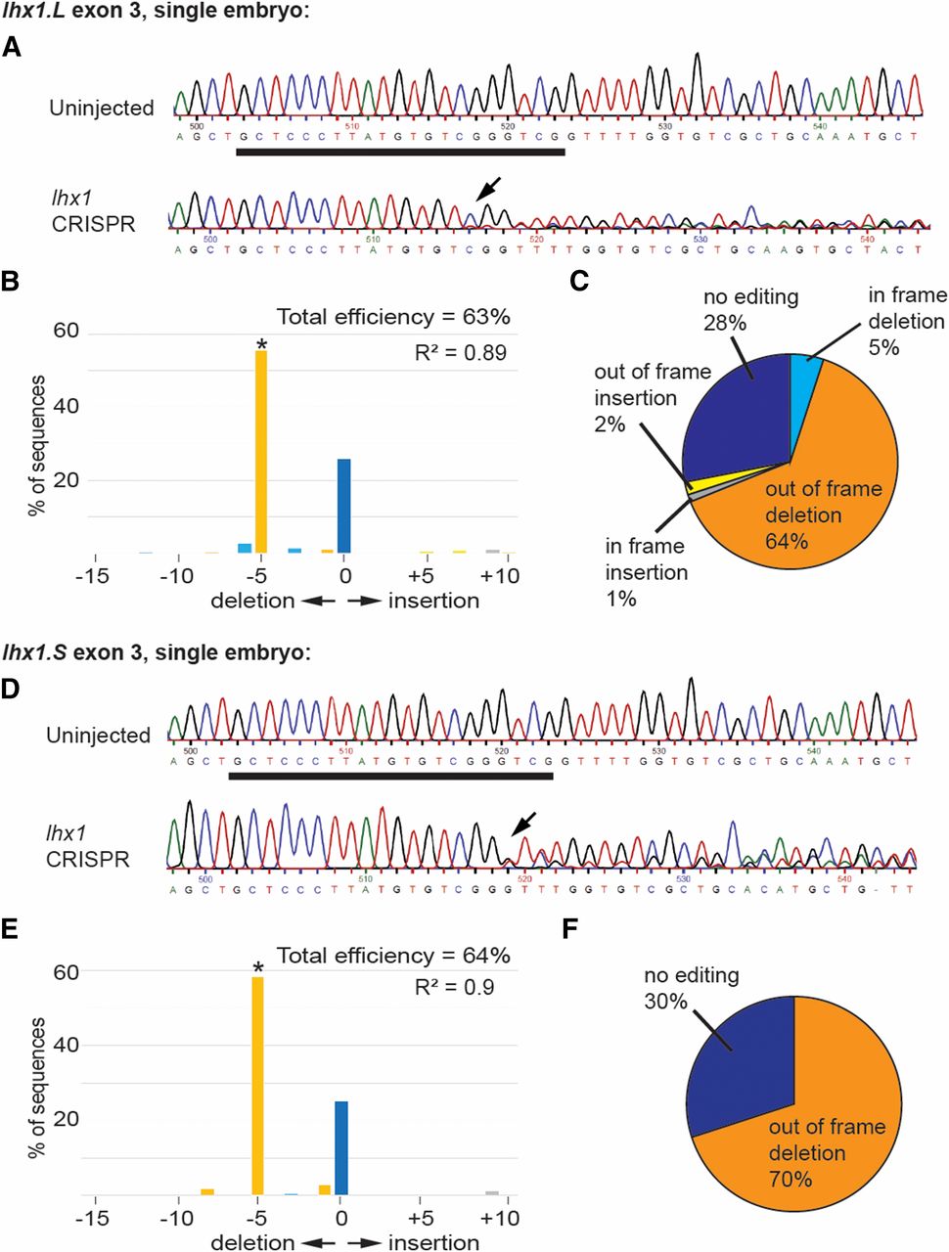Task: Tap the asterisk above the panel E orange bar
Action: [x=258, y=969]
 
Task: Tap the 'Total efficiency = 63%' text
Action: [x=393, y=317]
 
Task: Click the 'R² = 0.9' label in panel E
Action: [x=454, y=987]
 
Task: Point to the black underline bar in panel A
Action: [x=400, y=152]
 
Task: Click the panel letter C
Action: [x=578, y=283]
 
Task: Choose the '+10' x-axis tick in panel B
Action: [x=500, y=576]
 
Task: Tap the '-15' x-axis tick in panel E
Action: [x=94, y=1218]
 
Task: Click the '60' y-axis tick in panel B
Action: [x=66, y=331]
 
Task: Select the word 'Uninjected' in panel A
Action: [x=102, y=108]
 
